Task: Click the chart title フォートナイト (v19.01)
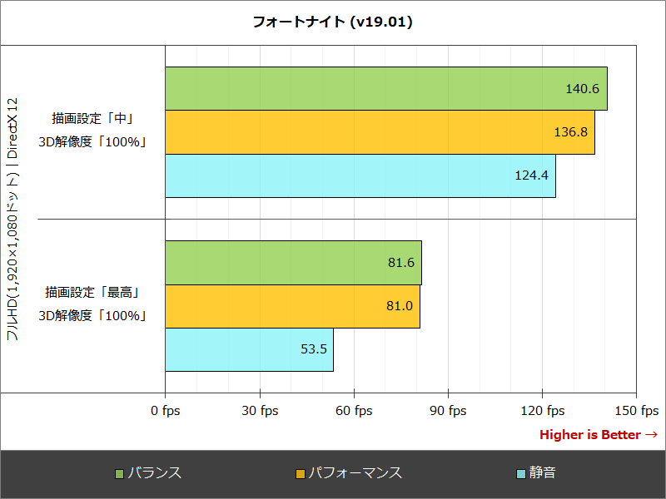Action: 333,22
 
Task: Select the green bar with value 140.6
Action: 386,89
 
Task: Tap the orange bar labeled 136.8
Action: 380,132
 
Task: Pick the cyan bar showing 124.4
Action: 360,175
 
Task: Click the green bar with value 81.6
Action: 293,263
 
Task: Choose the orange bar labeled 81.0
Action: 292,306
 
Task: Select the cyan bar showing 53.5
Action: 249,349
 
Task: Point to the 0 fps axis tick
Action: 165,410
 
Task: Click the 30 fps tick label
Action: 260,410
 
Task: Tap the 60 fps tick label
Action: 354,410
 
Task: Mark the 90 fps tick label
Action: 448,410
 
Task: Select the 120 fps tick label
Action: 543,410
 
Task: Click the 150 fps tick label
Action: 637,410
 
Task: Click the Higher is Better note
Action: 599,435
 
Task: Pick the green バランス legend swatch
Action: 119,474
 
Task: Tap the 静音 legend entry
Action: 542,473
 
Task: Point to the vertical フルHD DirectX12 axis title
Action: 12,219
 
